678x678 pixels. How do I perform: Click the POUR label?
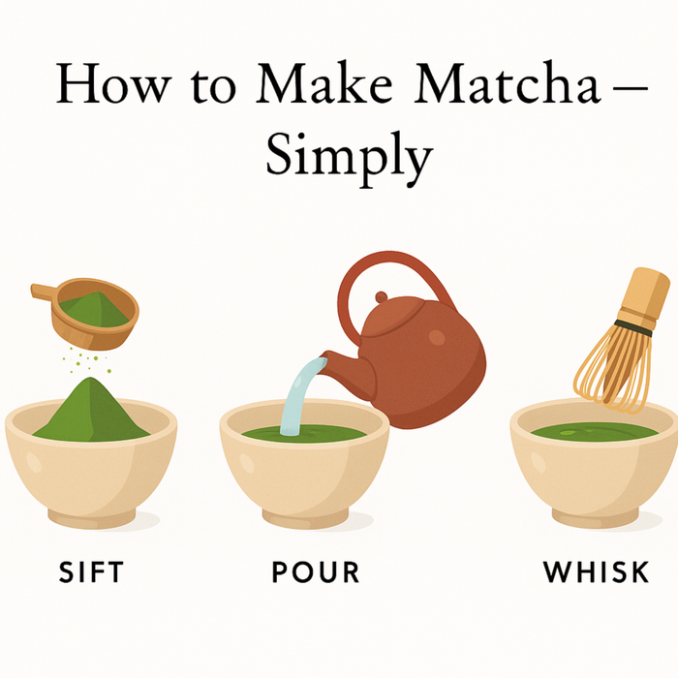315,571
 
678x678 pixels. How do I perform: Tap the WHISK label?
596,571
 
